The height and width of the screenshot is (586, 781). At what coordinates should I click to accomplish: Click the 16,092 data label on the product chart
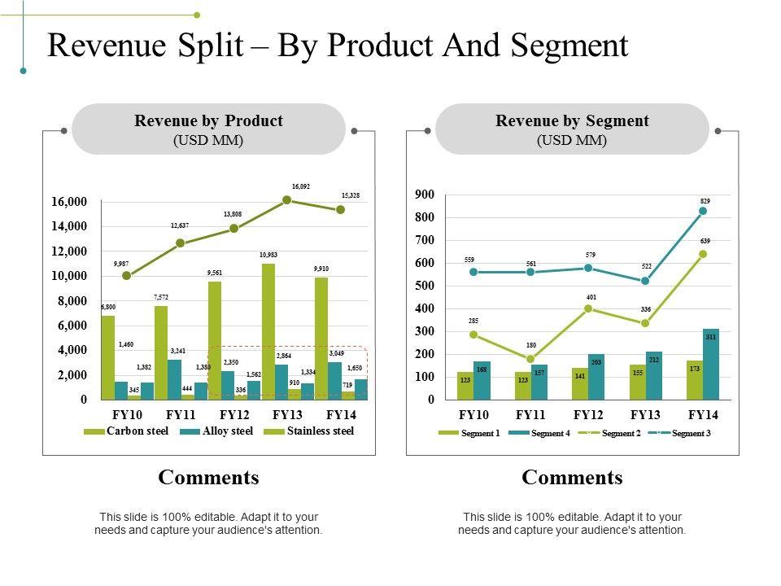point(300,186)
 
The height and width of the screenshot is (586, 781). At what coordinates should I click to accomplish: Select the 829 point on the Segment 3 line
point(703,211)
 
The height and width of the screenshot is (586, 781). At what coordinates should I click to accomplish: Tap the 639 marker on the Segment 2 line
point(703,254)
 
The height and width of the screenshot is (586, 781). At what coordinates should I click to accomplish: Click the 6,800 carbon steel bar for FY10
point(107,357)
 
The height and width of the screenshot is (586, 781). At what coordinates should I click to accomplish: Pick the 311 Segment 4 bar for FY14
point(711,364)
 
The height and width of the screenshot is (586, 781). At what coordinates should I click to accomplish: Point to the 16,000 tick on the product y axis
point(69,202)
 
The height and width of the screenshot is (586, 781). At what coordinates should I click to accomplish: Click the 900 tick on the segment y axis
point(425,195)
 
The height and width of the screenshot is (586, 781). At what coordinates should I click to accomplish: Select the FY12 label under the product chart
point(234,414)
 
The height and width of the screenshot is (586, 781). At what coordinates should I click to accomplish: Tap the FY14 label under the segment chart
point(703,414)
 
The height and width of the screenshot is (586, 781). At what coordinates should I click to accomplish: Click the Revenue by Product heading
point(208,121)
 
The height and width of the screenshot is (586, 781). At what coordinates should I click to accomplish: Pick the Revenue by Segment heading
point(572,121)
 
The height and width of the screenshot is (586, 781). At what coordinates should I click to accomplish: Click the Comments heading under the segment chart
point(572,478)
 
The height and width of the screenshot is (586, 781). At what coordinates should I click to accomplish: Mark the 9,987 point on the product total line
point(127,276)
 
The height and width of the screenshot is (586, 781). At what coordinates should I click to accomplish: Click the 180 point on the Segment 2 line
point(530,359)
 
